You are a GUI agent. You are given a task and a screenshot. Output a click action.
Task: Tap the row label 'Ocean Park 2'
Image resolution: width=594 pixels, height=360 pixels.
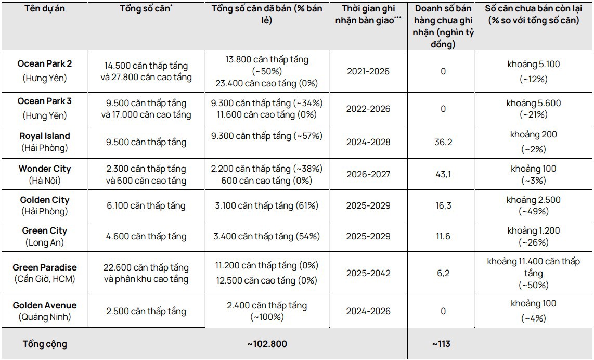(x=45, y=64)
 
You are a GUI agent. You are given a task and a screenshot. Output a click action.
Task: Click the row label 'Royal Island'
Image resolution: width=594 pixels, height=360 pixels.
(x=45, y=136)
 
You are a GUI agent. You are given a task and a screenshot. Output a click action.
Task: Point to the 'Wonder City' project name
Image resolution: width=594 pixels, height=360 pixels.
(x=45, y=169)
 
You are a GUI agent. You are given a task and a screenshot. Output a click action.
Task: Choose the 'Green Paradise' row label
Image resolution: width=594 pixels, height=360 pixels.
(x=45, y=267)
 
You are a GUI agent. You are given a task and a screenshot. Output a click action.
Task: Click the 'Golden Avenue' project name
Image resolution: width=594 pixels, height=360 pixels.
(x=45, y=305)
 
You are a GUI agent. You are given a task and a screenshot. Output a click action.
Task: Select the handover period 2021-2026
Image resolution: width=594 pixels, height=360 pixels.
(x=368, y=71)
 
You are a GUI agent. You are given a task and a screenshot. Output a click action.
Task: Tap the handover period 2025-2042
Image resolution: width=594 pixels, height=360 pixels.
(x=368, y=273)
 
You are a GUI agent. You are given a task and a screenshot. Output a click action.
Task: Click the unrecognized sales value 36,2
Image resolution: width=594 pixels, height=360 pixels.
(x=443, y=142)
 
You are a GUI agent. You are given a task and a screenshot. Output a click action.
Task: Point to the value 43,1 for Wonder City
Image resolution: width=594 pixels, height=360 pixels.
(x=443, y=174)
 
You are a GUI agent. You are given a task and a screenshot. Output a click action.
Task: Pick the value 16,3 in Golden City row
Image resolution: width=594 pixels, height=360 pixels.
(x=443, y=205)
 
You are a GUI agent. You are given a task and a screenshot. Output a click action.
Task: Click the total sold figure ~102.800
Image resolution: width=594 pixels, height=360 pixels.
(x=266, y=344)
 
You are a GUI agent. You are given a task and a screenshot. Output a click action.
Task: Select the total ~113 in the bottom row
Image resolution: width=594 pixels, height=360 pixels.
(x=441, y=344)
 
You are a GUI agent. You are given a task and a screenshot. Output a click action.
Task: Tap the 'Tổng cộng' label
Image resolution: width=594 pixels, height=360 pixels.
(x=45, y=344)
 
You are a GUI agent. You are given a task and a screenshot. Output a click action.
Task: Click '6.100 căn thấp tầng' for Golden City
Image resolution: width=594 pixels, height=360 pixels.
(x=146, y=205)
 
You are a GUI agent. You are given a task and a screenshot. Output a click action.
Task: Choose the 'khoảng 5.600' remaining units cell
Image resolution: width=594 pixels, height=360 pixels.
(x=533, y=103)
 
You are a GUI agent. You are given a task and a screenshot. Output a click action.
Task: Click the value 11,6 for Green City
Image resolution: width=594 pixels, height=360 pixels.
(x=443, y=236)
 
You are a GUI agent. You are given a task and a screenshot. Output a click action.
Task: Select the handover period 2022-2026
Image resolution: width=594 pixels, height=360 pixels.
(x=368, y=109)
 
